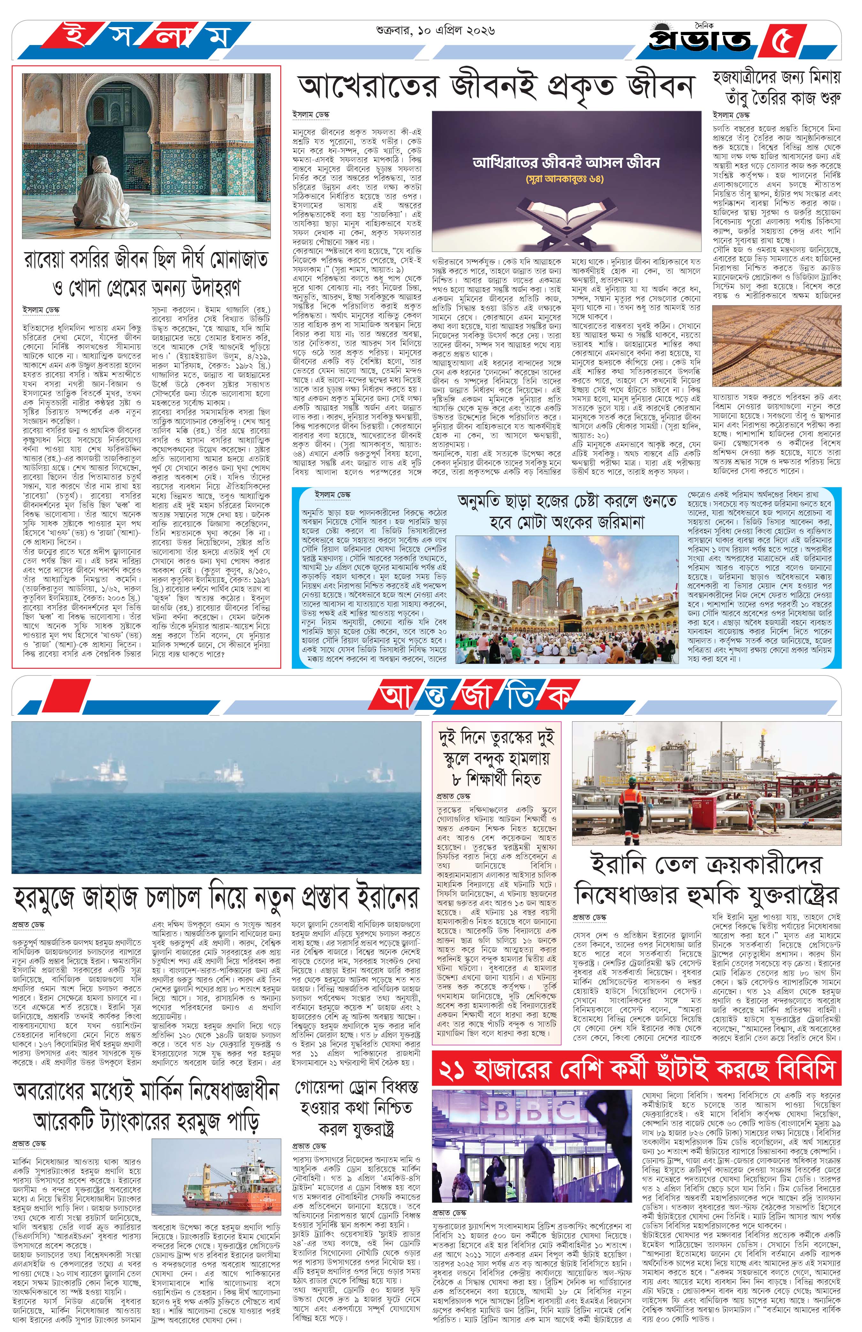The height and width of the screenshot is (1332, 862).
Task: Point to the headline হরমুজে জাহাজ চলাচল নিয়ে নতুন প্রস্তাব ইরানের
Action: (215, 898)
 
